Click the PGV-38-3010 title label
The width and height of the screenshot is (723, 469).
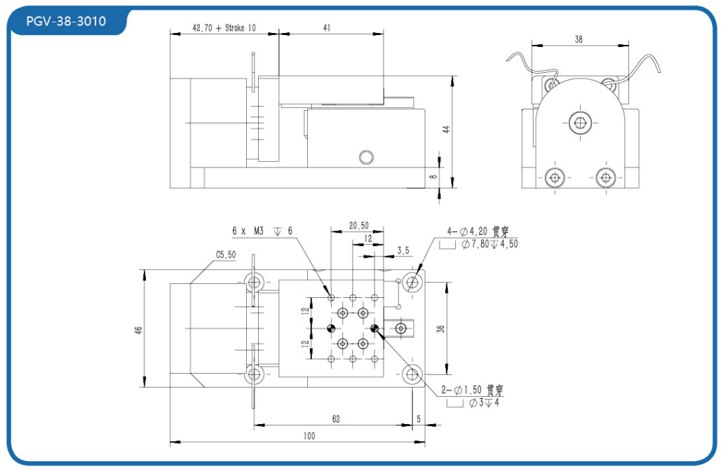[66, 21]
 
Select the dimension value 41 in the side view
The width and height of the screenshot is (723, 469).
[327, 27]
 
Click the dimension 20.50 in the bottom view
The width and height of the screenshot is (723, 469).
[359, 226]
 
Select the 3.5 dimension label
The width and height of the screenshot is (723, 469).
[403, 250]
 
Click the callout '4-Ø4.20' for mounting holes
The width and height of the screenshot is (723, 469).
[468, 231]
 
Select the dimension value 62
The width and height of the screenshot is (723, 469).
[335, 419]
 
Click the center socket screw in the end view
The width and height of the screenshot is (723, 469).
[579, 123]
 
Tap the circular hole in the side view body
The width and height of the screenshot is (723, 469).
[364, 156]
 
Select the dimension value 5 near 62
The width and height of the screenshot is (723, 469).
[419, 419]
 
